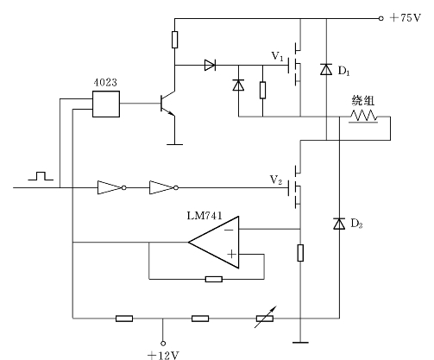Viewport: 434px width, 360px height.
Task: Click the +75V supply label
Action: [406, 18]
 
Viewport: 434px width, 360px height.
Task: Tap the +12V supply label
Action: [163, 355]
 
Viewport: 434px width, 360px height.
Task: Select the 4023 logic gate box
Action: [106, 104]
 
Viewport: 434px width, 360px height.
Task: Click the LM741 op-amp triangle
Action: [214, 243]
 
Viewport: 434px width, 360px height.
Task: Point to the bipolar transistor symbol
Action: [167, 104]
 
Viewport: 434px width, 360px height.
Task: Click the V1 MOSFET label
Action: [277, 56]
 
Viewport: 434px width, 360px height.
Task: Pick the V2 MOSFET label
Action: [276, 180]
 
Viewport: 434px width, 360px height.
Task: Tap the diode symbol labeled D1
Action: [326, 69]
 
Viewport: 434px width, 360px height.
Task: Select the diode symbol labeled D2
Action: [339, 224]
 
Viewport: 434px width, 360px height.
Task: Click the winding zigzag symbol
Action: [363, 116]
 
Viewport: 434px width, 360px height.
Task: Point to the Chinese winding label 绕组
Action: [362, 100]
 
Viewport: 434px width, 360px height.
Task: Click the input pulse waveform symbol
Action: [41, 176]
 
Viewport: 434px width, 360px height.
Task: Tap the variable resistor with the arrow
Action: [265, 318]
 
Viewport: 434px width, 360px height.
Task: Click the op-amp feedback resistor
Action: [214, 279]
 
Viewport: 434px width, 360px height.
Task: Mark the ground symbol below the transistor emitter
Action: [174, 144]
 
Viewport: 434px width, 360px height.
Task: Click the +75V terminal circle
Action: [381, 18]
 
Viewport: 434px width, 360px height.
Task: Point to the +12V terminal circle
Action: [163, 343]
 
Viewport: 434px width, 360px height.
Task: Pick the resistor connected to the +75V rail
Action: [174, 40]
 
